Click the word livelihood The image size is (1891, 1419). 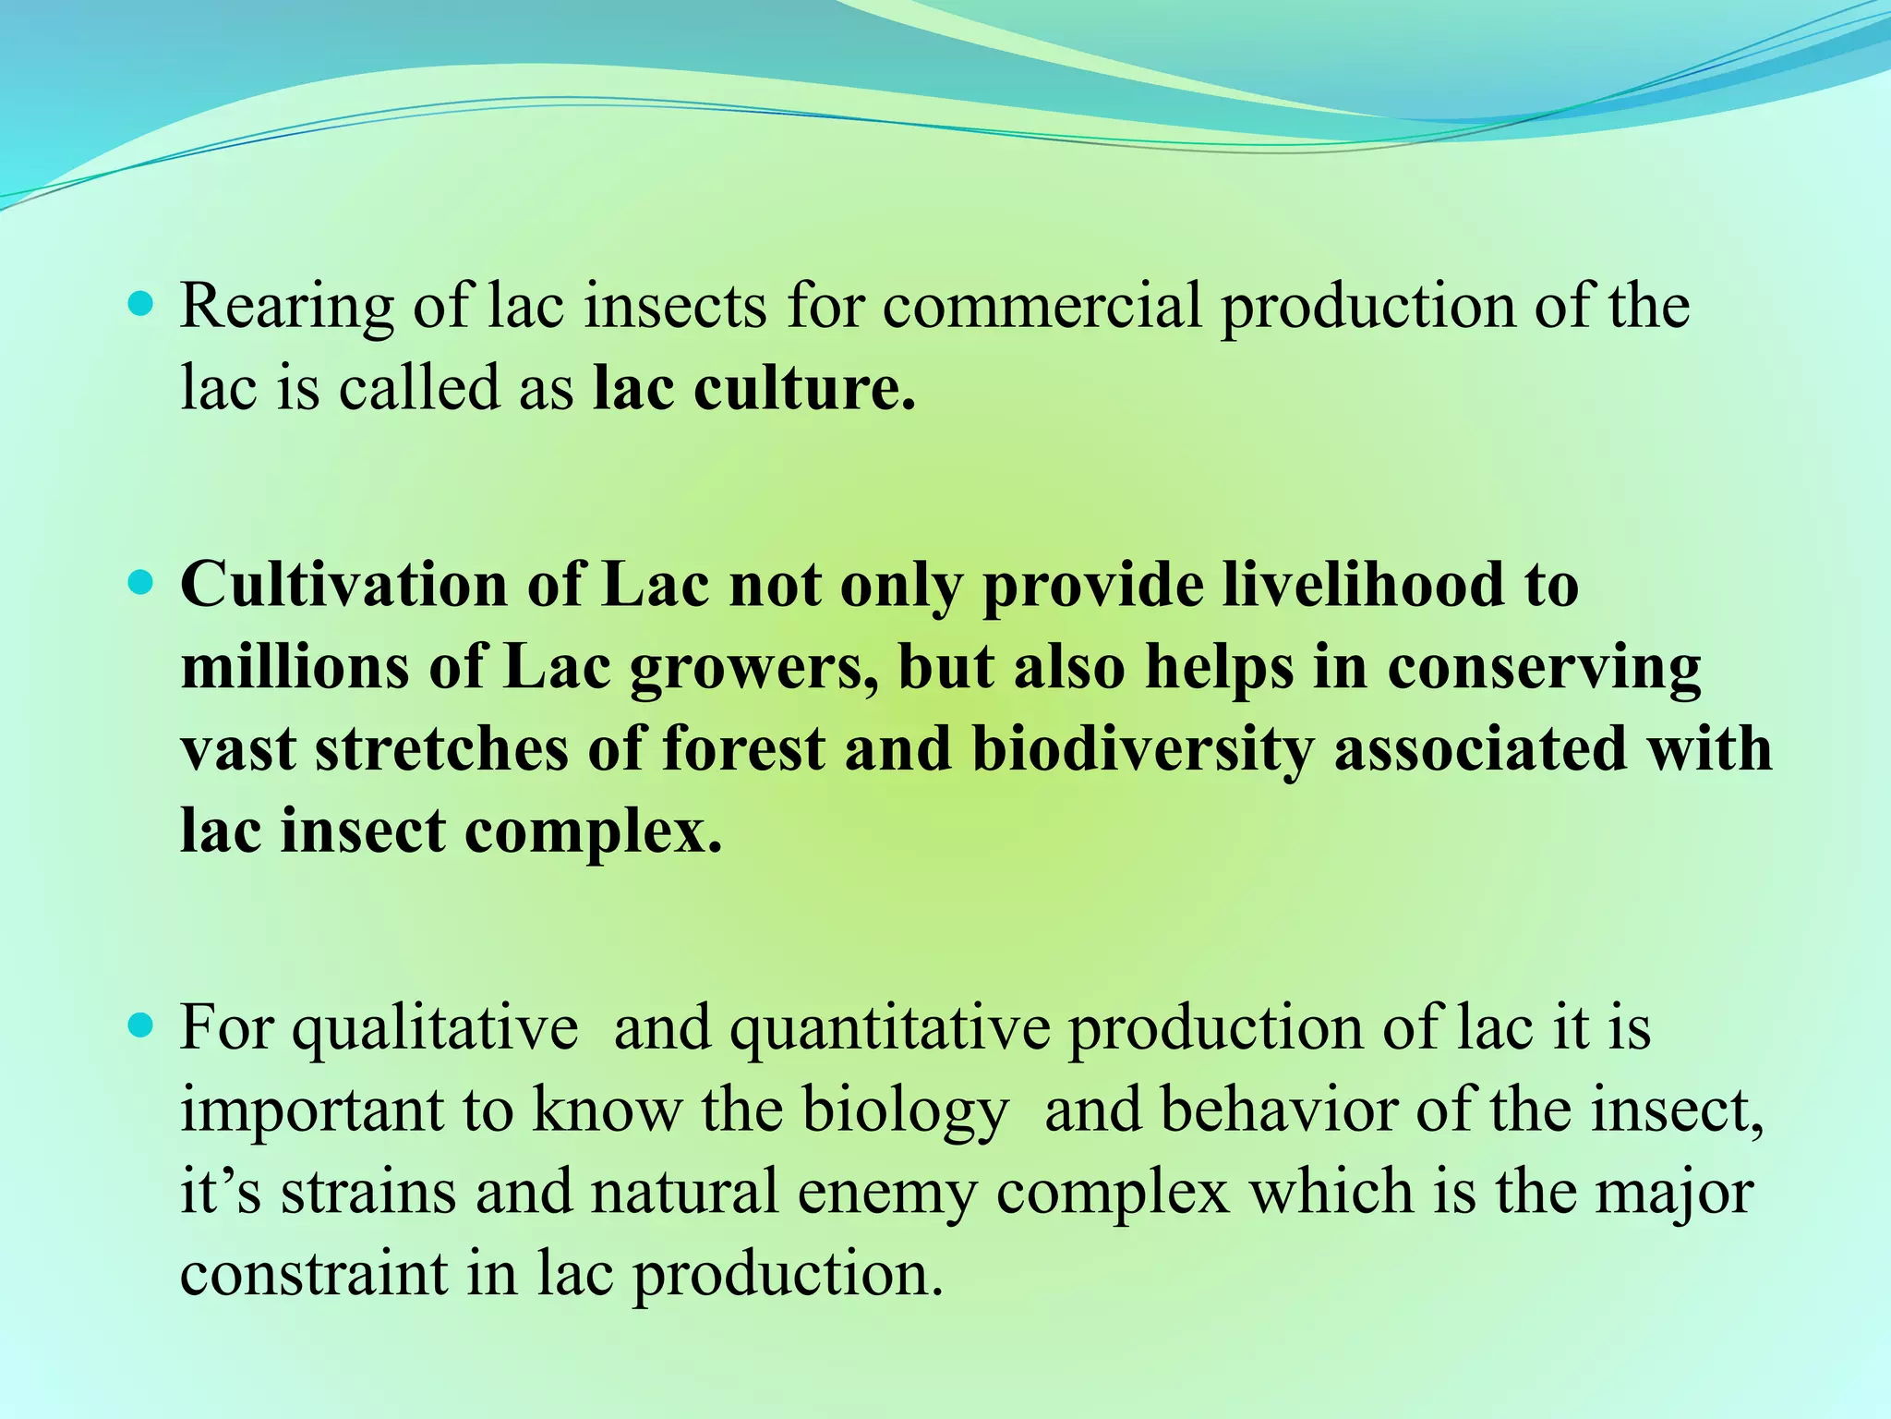pos(1363,586)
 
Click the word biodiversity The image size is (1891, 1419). pos(1142,748)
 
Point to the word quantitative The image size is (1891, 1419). pos(890,1029)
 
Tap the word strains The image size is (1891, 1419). pos(368,1192)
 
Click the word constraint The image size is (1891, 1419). pos(313,1273)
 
